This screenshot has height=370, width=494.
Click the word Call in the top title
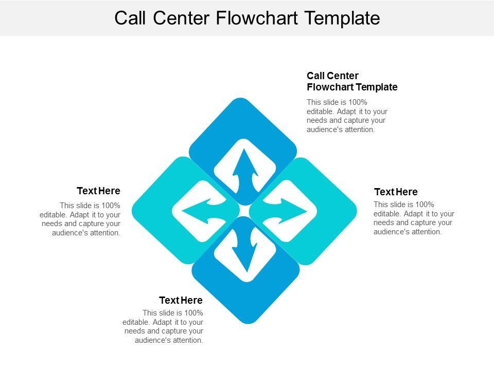tap(130, 18)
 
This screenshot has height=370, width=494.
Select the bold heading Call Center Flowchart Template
tap(351, 82)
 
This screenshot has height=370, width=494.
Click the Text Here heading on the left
tap(98, 191)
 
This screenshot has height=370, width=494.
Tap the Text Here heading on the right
tap(396, 192)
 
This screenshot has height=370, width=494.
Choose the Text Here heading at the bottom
tap(181, 300)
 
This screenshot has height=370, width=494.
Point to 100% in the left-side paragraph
tap(111, 205)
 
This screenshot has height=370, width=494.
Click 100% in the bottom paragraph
tap(193, 312)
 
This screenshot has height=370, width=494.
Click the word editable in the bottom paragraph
tap(135, 322)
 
